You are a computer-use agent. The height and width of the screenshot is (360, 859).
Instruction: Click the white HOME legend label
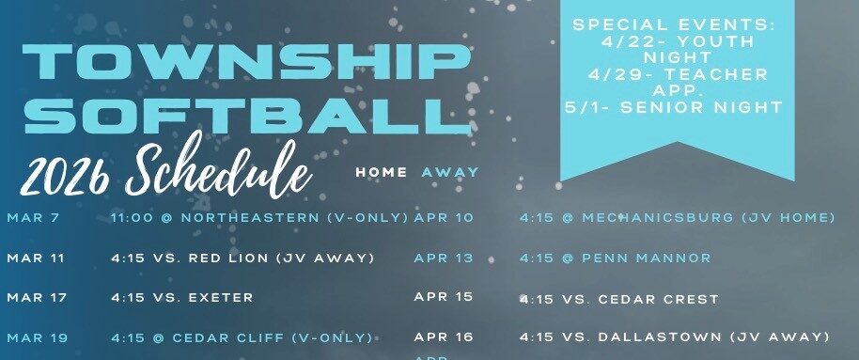(x=382, y=172)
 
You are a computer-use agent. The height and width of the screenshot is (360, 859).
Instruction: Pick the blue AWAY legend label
(x=450, y=172)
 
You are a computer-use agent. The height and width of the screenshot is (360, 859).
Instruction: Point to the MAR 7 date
(x=33, y=217)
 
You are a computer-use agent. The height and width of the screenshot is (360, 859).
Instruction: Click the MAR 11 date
(x=37, y=258)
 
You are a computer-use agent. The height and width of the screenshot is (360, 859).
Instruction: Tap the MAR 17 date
(x=37, y=297)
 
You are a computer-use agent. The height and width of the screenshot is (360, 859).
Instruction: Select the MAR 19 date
(x=37, y=337)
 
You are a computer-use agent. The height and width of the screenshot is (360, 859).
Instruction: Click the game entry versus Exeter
(x=182, y=297)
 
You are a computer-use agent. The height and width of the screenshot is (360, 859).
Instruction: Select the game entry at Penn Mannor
(x=616, y=258)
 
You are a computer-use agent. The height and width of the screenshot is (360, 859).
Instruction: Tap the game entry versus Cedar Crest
(x=619, y=299)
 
